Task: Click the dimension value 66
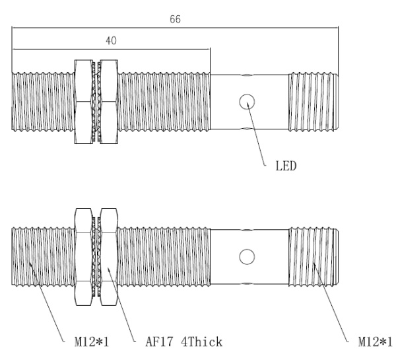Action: coord(176,20)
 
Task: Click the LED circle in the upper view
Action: coord(247,101)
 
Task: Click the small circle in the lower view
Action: coord(247,256)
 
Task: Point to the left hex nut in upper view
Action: coord(84,100)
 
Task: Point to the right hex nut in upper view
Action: coord(107,100)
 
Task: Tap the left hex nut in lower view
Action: coord(84,256)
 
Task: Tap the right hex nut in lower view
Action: coord(107,256)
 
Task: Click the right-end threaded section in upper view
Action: coord(313,100)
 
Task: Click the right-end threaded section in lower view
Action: coord(313,256)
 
